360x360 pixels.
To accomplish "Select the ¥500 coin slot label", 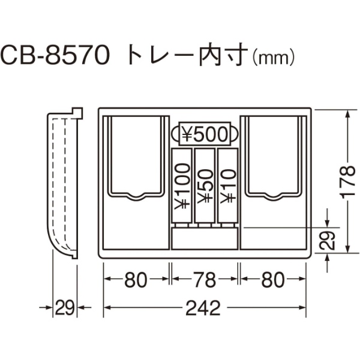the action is tap(205, 134).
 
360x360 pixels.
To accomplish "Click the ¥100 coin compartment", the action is tap(182, 185).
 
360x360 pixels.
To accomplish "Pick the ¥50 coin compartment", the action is tap(205, 185).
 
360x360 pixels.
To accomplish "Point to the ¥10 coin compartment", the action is tap(227, 185).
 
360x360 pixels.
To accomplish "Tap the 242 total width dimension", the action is tap(203, 308).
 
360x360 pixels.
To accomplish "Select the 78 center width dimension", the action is tap(205, 280).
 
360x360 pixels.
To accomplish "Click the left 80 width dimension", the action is tap(136, 280).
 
